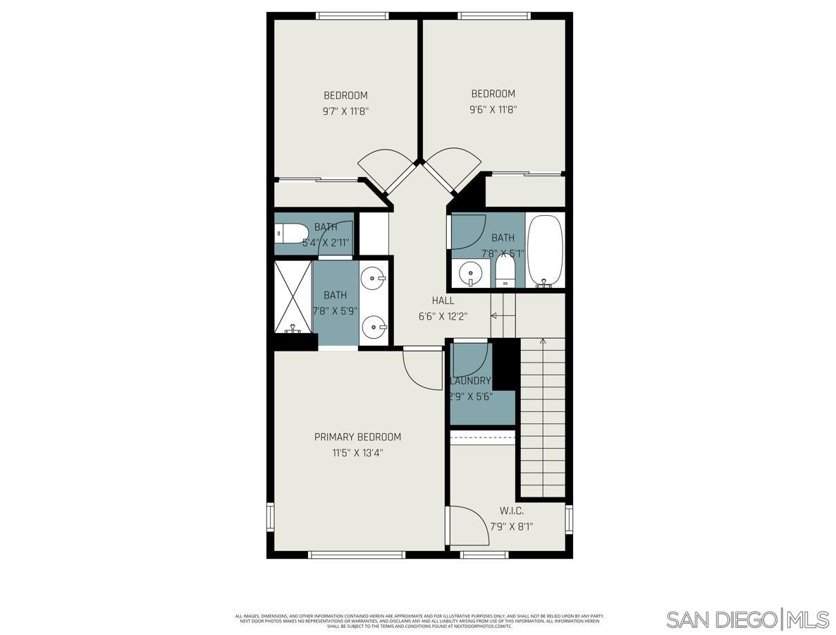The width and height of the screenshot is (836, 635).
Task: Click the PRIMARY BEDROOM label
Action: (x=357, y=437)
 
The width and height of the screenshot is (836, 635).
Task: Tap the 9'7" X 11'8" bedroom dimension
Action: (x=345, y=111)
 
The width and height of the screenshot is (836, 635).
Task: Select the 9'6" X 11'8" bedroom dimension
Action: (x=493, y=109)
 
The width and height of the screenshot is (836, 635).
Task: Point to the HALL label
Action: (x=443, y=301)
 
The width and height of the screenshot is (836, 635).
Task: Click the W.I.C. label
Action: (x=511, y=511)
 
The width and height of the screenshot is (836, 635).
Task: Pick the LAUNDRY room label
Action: (x=470, y=381)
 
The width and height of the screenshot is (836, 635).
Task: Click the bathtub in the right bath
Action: (x=545, y=250)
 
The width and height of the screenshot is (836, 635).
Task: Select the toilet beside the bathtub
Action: (x=505, y=271)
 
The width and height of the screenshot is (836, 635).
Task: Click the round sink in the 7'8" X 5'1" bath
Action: (x=470, y=272)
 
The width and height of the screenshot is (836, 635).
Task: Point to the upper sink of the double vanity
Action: (x=373, y=279)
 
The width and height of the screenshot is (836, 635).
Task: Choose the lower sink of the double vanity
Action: (x=373, y=327)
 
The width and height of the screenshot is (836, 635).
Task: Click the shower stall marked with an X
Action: (x=293, y=296)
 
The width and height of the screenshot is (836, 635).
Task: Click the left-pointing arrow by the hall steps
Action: (x=495, y=315)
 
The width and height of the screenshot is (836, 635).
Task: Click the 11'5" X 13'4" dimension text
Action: (x=357, y=453)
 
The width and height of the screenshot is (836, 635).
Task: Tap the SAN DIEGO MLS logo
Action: (x=748, y=619)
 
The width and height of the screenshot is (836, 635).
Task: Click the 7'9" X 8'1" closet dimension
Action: (x=511, y=526)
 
